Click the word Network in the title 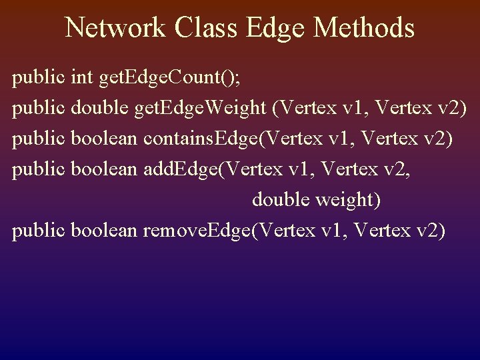click(x=115, y=28)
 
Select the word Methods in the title click(x=364, y=28)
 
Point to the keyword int click(x=81, y=78)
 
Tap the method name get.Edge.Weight click(x=202, y=109)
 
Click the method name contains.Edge click(x=201, y=139)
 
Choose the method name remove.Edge click(x=199, y=231)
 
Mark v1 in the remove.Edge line click(x=335, y=231)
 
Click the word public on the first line click(x=39, y=79)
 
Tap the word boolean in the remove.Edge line click(x=105, y=231)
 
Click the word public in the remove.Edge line click(x=39, y=231)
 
